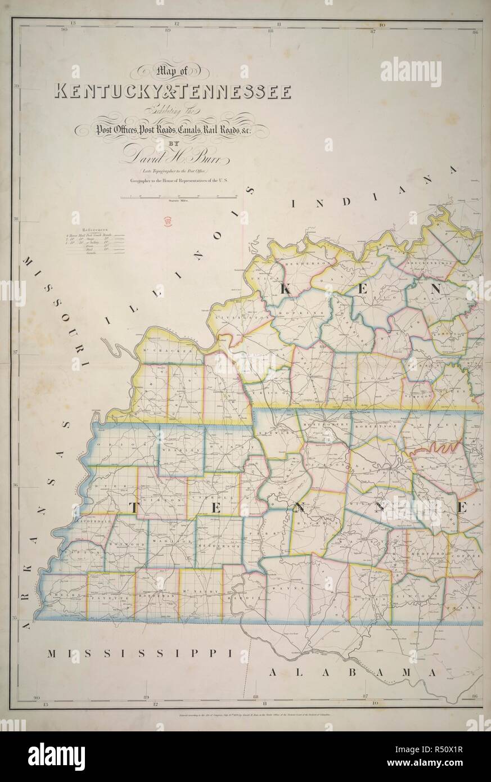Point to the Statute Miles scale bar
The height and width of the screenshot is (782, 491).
coord(178,197)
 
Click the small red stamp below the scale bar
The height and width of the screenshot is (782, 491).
coord(167,221)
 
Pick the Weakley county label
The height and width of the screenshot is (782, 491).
coord(178,451)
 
